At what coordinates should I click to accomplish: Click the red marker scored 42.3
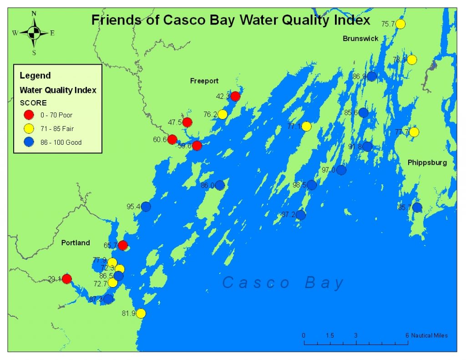(x=235, y=96)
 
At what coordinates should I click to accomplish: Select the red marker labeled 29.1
(x=66, y=279)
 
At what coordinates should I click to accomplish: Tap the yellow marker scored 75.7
(x=400, y=24)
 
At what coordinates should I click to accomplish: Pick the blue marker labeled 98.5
(x=311, y=185)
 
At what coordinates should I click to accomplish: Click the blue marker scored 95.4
(x=146, y=206)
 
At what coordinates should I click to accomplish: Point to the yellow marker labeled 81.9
(x=141, y=313)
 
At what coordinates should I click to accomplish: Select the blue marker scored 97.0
(x=341, y=170)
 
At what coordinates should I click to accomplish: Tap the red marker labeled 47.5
(x=187, y=122)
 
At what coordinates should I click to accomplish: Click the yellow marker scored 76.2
(x=222, y=114)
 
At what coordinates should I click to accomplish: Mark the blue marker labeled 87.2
(x=300, y=215)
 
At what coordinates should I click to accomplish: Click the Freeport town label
(x=204, y=81)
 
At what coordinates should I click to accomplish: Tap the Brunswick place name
(x=360, y=39)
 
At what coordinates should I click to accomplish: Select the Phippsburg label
(x=427, y=162)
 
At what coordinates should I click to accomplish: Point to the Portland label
(x=76, y=243)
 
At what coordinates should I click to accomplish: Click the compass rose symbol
(x=34, y=33)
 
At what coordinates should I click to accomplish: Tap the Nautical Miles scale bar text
(x=429, y=335)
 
